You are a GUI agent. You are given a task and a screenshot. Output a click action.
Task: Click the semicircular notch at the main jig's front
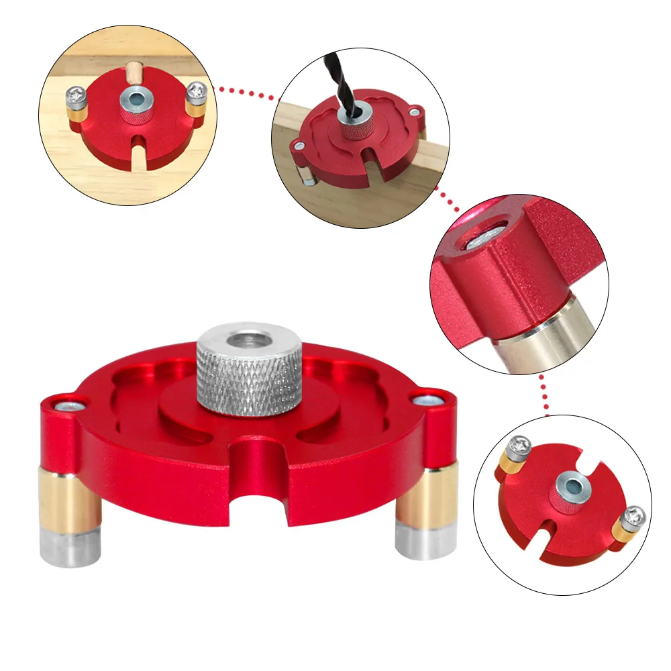coord(258,497)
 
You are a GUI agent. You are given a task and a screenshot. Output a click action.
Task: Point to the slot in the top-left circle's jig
coord(138,144)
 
